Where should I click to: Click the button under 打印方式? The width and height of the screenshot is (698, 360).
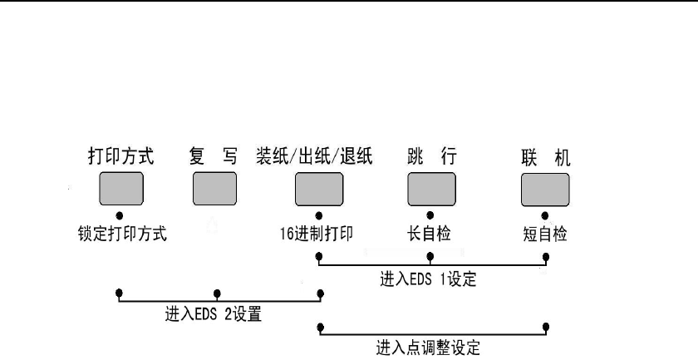[120, 189]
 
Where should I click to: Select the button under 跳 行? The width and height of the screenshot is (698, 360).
[430, 189]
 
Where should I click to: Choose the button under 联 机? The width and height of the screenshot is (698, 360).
[544, 189]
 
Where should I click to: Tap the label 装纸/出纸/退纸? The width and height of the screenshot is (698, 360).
[318, 157]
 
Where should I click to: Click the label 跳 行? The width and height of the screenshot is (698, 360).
[430, 157]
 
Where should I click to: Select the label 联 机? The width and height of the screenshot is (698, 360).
[545, 157]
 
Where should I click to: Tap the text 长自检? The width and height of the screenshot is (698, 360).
[430, 234]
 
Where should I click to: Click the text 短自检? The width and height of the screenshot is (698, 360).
[545, 234]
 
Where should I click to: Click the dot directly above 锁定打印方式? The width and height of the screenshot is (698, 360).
[120, 215]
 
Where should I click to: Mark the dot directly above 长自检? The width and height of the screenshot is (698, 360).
[430, 215]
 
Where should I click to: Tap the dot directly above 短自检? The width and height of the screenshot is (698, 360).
[545, 215]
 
